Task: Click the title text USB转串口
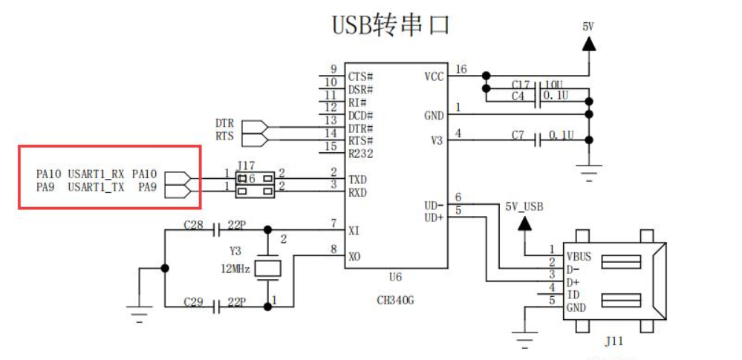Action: pyautogui.click(x=390, y=24)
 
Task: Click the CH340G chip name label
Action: pyautogui.click(x=394, y=300)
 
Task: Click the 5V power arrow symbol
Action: pyautogui.click(x=588, y=44)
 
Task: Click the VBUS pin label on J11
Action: pyautogui.click(x=579, y=257)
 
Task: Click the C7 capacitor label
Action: pyautogui.click(x=518, y=135)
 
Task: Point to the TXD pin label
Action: pyautogui.click(x=358, y=180)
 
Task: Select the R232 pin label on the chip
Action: pyautogui.click(x=360, y=154)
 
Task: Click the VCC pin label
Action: pyautogui.click(x=434, y=76)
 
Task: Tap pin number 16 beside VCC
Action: pyautogui.click(x=461, y=69)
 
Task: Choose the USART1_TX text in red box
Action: pyautogui.click(x=96, y=187)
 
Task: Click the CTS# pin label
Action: pyautogui.click(x=360, y=76)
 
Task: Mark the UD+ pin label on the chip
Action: pyautogui.click(x=433, y=217)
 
